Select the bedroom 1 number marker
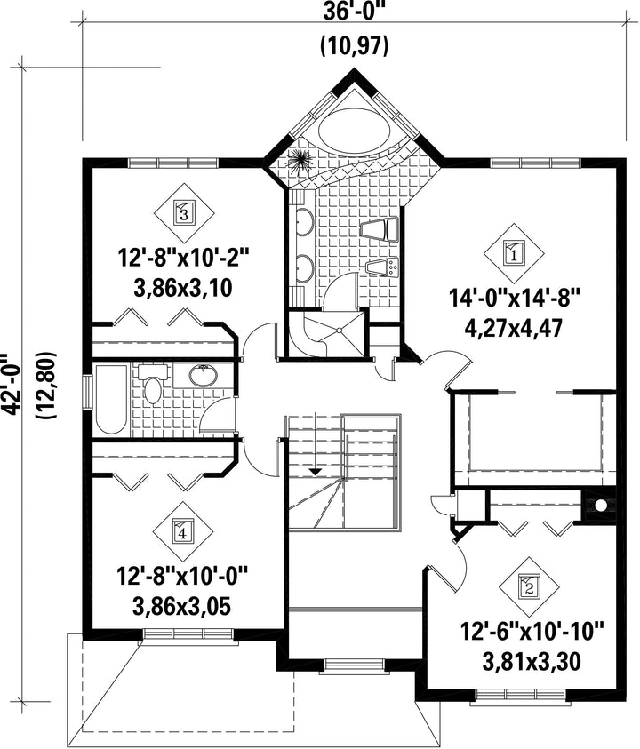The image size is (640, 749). point(515,253)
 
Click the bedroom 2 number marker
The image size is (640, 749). point(529,586)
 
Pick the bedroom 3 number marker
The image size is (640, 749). point(184,211)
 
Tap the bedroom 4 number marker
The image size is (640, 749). point(183,530)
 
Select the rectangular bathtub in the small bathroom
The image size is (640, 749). point(111,399)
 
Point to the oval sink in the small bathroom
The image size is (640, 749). point(204,375)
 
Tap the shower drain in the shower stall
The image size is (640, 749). point(339,331)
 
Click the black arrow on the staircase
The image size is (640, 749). point(315,472)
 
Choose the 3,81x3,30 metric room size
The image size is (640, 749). point(532,662)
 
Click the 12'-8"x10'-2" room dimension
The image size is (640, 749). point(185,259)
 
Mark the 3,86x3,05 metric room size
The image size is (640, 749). point(182,606)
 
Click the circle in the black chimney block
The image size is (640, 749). point(601,505)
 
